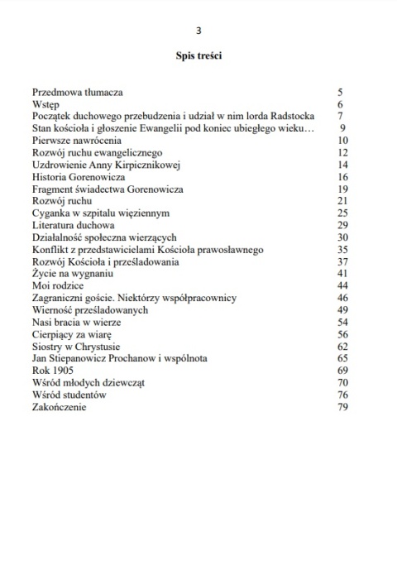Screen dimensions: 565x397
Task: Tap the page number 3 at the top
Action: [x=198, y=31]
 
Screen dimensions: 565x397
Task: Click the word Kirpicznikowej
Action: [x=136, y=165]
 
